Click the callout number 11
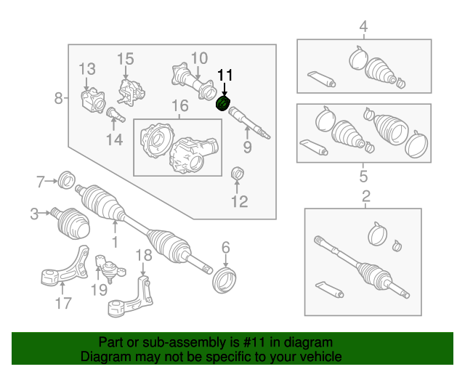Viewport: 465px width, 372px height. point(225,75)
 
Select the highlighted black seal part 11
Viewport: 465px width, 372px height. point(223,103)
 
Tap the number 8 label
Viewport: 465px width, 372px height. point(58,97)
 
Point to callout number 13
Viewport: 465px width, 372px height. point(87,69)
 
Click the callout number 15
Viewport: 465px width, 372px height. point(126,58)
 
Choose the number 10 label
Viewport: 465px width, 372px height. point(199,58)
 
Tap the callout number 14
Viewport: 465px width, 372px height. point(114,140)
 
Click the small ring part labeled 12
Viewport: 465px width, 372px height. point(236,174)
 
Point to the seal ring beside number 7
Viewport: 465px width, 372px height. point(67,179)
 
